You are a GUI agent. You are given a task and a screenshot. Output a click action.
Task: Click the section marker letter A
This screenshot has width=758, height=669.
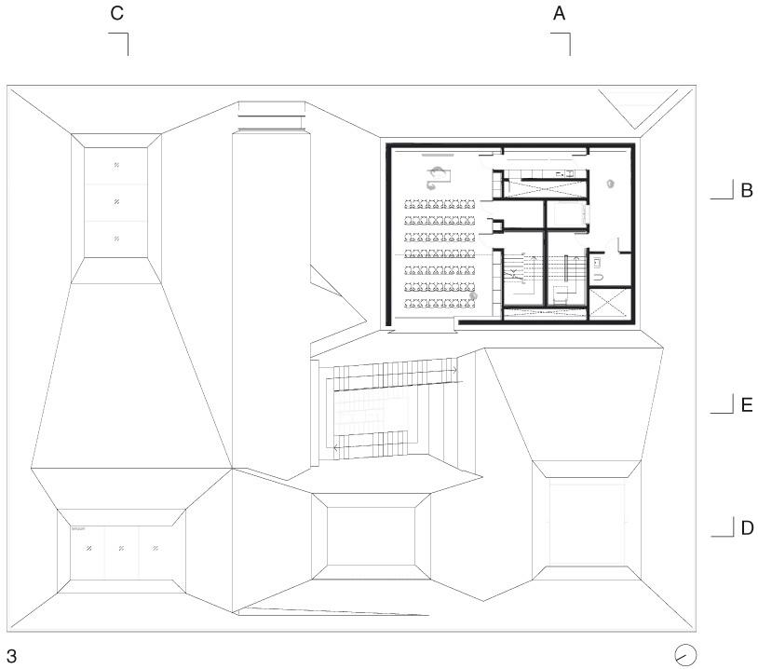tap(560, 13)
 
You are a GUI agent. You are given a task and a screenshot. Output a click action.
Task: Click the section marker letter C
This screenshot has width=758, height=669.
tap(116, 13)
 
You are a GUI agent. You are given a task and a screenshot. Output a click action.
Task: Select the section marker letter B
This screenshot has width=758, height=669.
tap(746, 190)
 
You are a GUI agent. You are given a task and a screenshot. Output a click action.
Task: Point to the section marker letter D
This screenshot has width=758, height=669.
tap(746, 528)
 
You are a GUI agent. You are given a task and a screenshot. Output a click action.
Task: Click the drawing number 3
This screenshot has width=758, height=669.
tap(11, 656)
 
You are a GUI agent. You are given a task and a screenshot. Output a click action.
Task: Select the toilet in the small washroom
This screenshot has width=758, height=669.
tap(599, 276)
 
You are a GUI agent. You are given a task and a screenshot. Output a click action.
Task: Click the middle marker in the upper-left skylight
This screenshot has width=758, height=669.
tap(116, 201)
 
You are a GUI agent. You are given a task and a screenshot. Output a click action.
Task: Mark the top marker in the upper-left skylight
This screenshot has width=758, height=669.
tap(116, 165)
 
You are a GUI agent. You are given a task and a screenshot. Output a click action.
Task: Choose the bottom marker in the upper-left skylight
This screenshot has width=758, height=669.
tap(116, 239)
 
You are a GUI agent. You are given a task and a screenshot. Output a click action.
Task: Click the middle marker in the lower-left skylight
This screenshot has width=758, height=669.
tap(121, 548)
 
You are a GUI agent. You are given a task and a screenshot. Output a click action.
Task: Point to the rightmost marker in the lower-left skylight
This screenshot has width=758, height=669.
tap(156, 548)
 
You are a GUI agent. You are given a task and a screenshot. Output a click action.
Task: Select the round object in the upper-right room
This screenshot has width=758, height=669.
tap(611, 184)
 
